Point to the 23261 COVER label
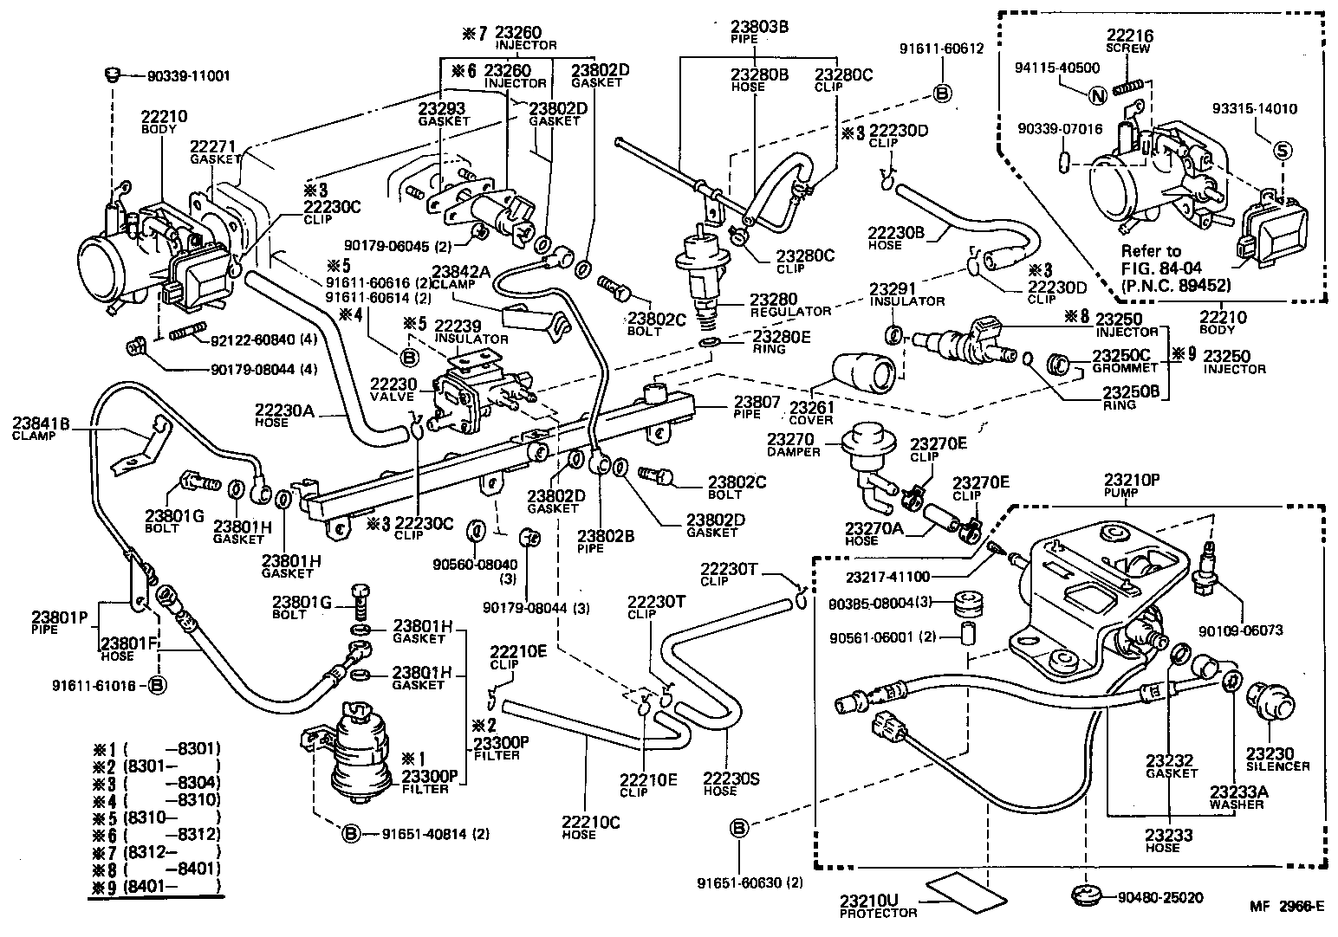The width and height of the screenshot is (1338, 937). pos(811,414)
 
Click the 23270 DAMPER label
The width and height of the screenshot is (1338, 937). pos(792,445)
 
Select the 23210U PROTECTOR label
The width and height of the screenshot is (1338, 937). pos(877,905)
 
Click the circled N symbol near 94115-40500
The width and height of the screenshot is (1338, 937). pos(1098,96)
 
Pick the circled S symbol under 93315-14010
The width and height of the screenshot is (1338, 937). pos(1282,149)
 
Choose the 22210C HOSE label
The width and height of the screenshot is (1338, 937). pos(578,828)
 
